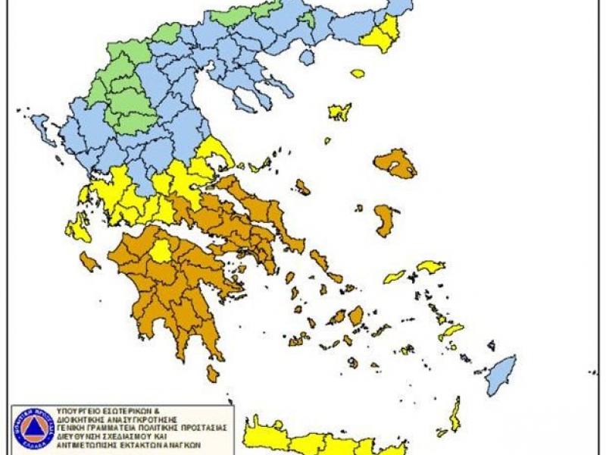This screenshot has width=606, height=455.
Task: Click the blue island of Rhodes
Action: (501, 372)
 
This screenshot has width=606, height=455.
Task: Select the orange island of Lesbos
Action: (395, 164)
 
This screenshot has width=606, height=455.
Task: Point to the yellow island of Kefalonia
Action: (78, 227)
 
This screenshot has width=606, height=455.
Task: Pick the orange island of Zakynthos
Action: (89, 262)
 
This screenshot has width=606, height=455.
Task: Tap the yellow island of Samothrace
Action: (358, 74)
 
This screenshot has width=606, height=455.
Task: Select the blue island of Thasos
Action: (307, 57)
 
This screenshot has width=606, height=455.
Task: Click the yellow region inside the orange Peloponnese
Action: (161, 251)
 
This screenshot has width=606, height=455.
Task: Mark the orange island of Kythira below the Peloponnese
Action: (213, 373)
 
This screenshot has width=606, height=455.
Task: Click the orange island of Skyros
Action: (303, 187)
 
